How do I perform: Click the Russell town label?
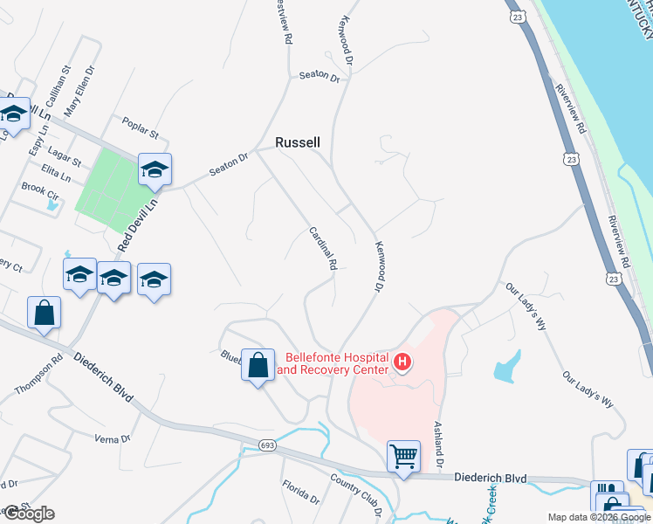coord(298,142)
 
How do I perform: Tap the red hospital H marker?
coord(402,361)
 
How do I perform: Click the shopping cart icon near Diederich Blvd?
coord(403,455)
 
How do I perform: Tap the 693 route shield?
coord(267,446)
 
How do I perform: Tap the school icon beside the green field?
coord(155,169)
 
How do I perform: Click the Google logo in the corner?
coord(29,514)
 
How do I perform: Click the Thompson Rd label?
coord(38,374)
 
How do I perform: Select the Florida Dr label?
coord(300,493)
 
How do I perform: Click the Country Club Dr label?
coord(358,494)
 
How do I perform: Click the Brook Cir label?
coord(38,188)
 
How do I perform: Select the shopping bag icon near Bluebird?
coord(258,367)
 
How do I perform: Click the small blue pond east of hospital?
coord(508,367)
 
